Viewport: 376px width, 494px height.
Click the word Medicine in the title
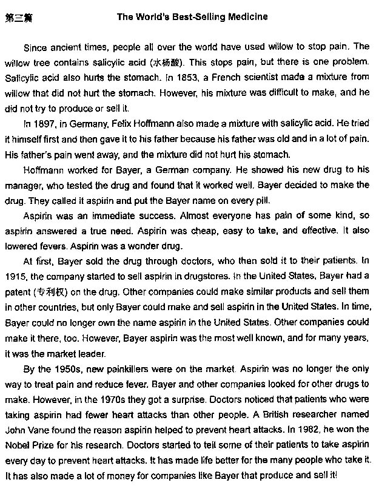click(x=245, y=17)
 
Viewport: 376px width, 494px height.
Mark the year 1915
click(x=15, y=277)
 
